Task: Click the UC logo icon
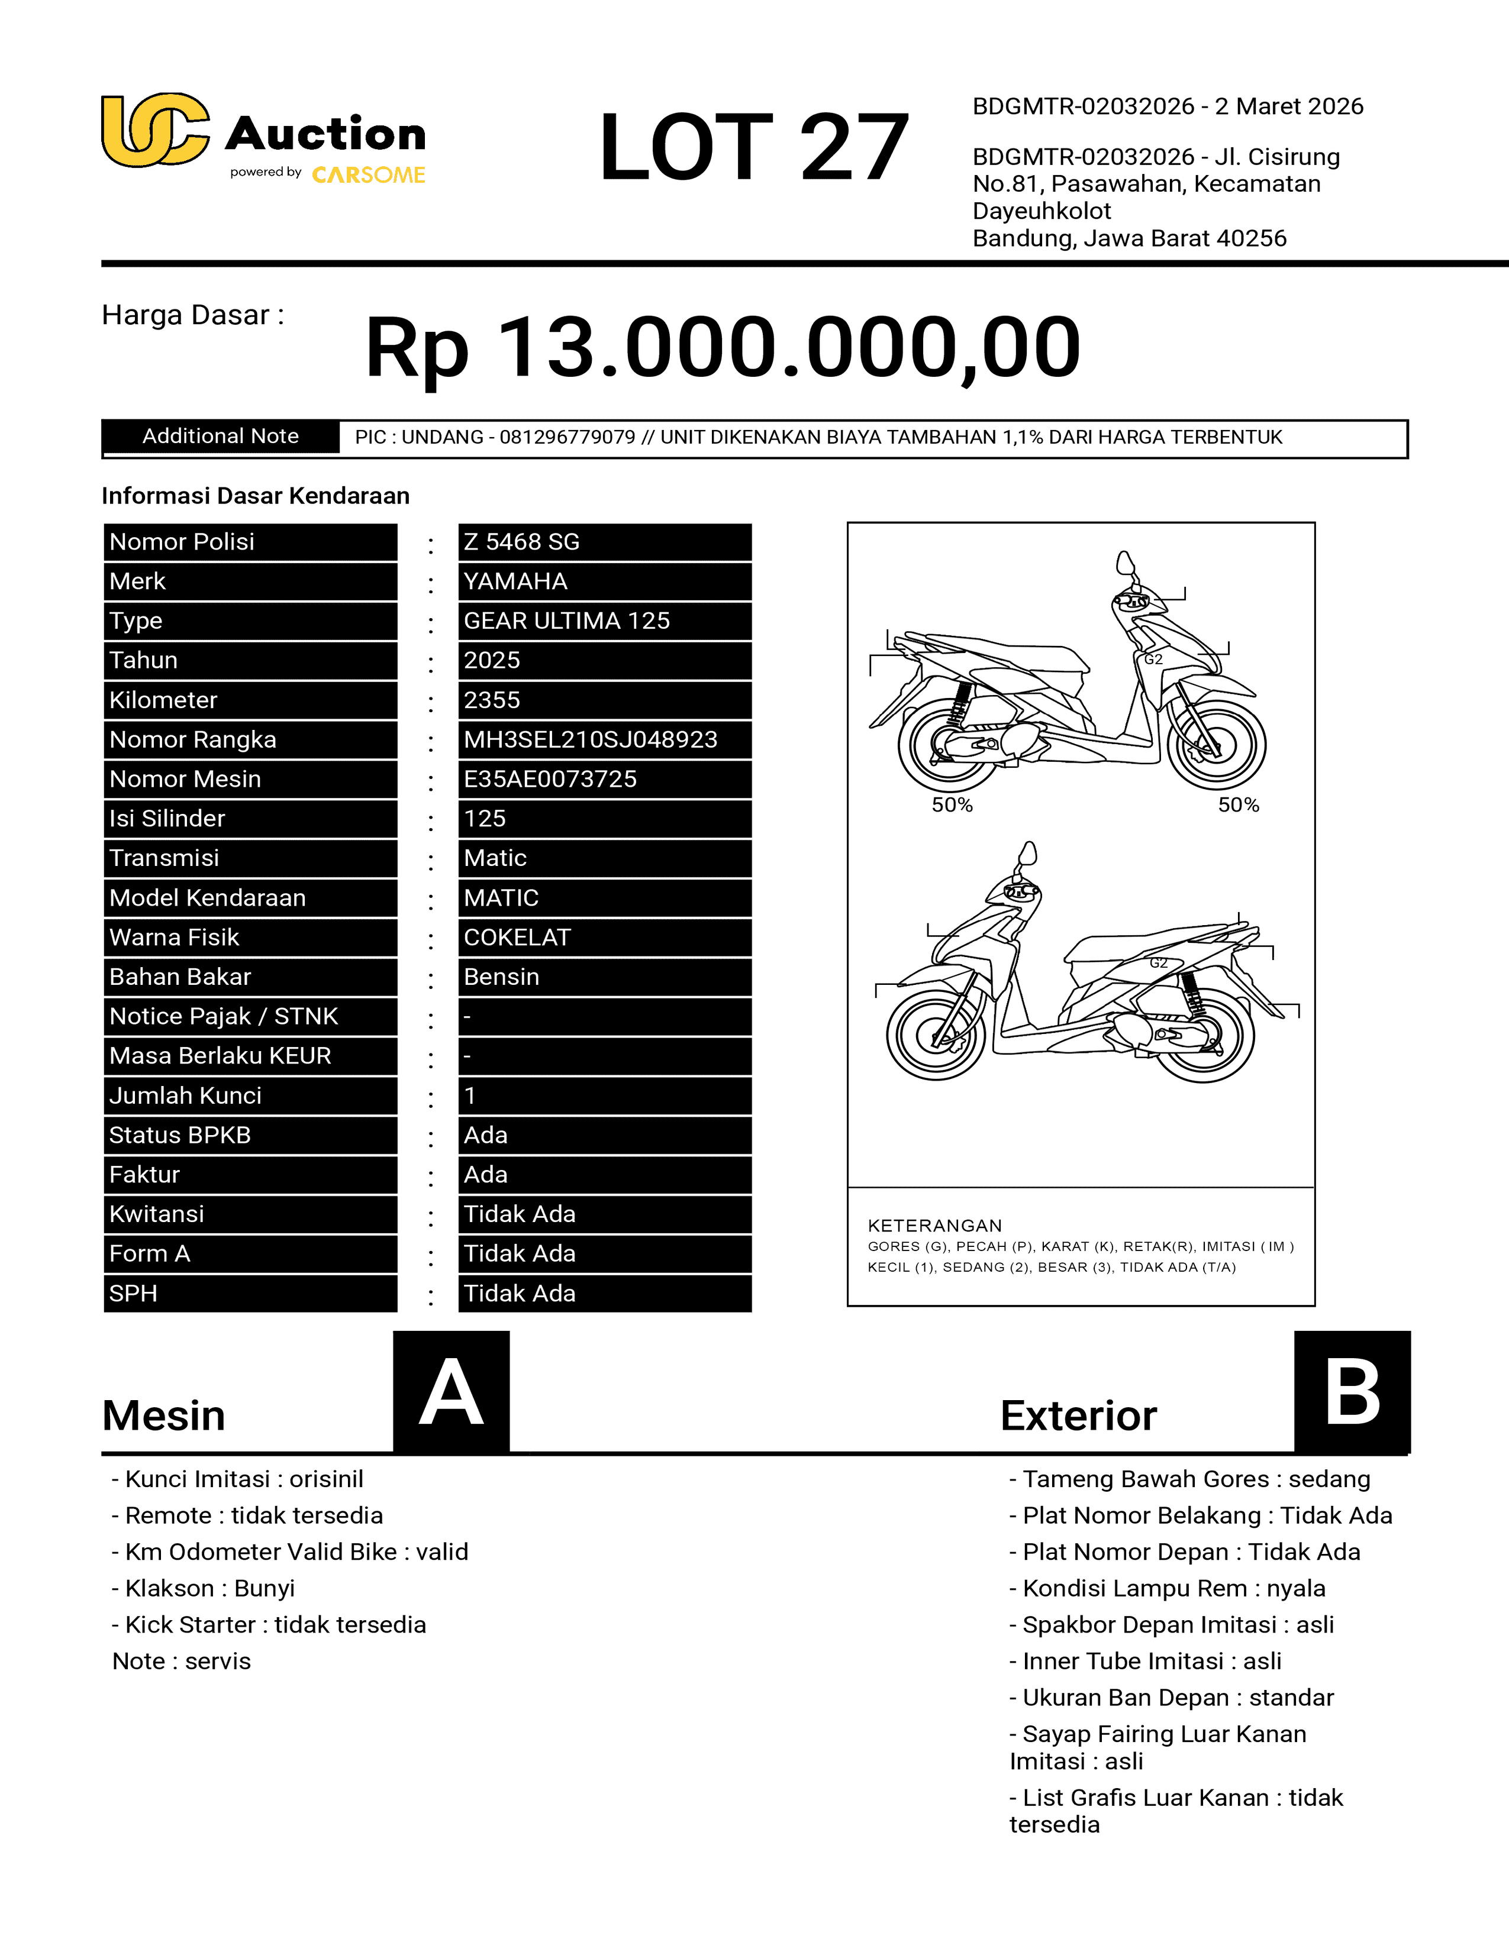[x=154, y=131]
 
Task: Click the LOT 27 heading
[x=753, y=147]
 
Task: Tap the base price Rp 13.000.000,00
[x=723, y=347]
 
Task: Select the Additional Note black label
[x=221, y=436]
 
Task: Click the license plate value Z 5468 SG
[x=604, y=542]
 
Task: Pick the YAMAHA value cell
[x=604, y=581]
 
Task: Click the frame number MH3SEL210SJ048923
[x=604, y=739]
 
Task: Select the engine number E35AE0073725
[x=604, y=778]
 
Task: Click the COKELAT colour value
[x=604, y=937]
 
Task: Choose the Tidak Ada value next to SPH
[x=604, y=1293]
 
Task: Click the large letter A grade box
[x=452, y=1392]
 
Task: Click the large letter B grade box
[x=1352, y=1392]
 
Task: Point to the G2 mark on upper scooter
[x=1153, y=660]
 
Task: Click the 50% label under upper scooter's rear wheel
[x=952, y=805]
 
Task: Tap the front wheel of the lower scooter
[x=936, y=1034]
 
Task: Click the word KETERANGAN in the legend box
[x=934, y=1226]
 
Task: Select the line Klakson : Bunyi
[x=203, y=1588]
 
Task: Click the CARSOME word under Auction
[x=368, y=175]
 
